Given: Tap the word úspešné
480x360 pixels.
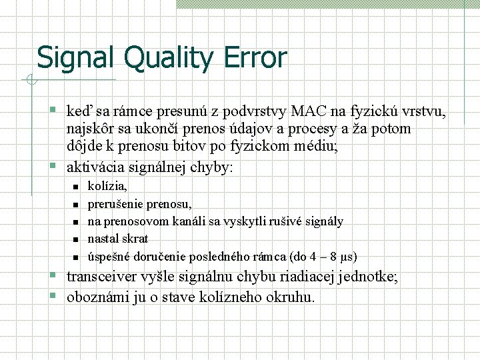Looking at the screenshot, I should tap(109, 256).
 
